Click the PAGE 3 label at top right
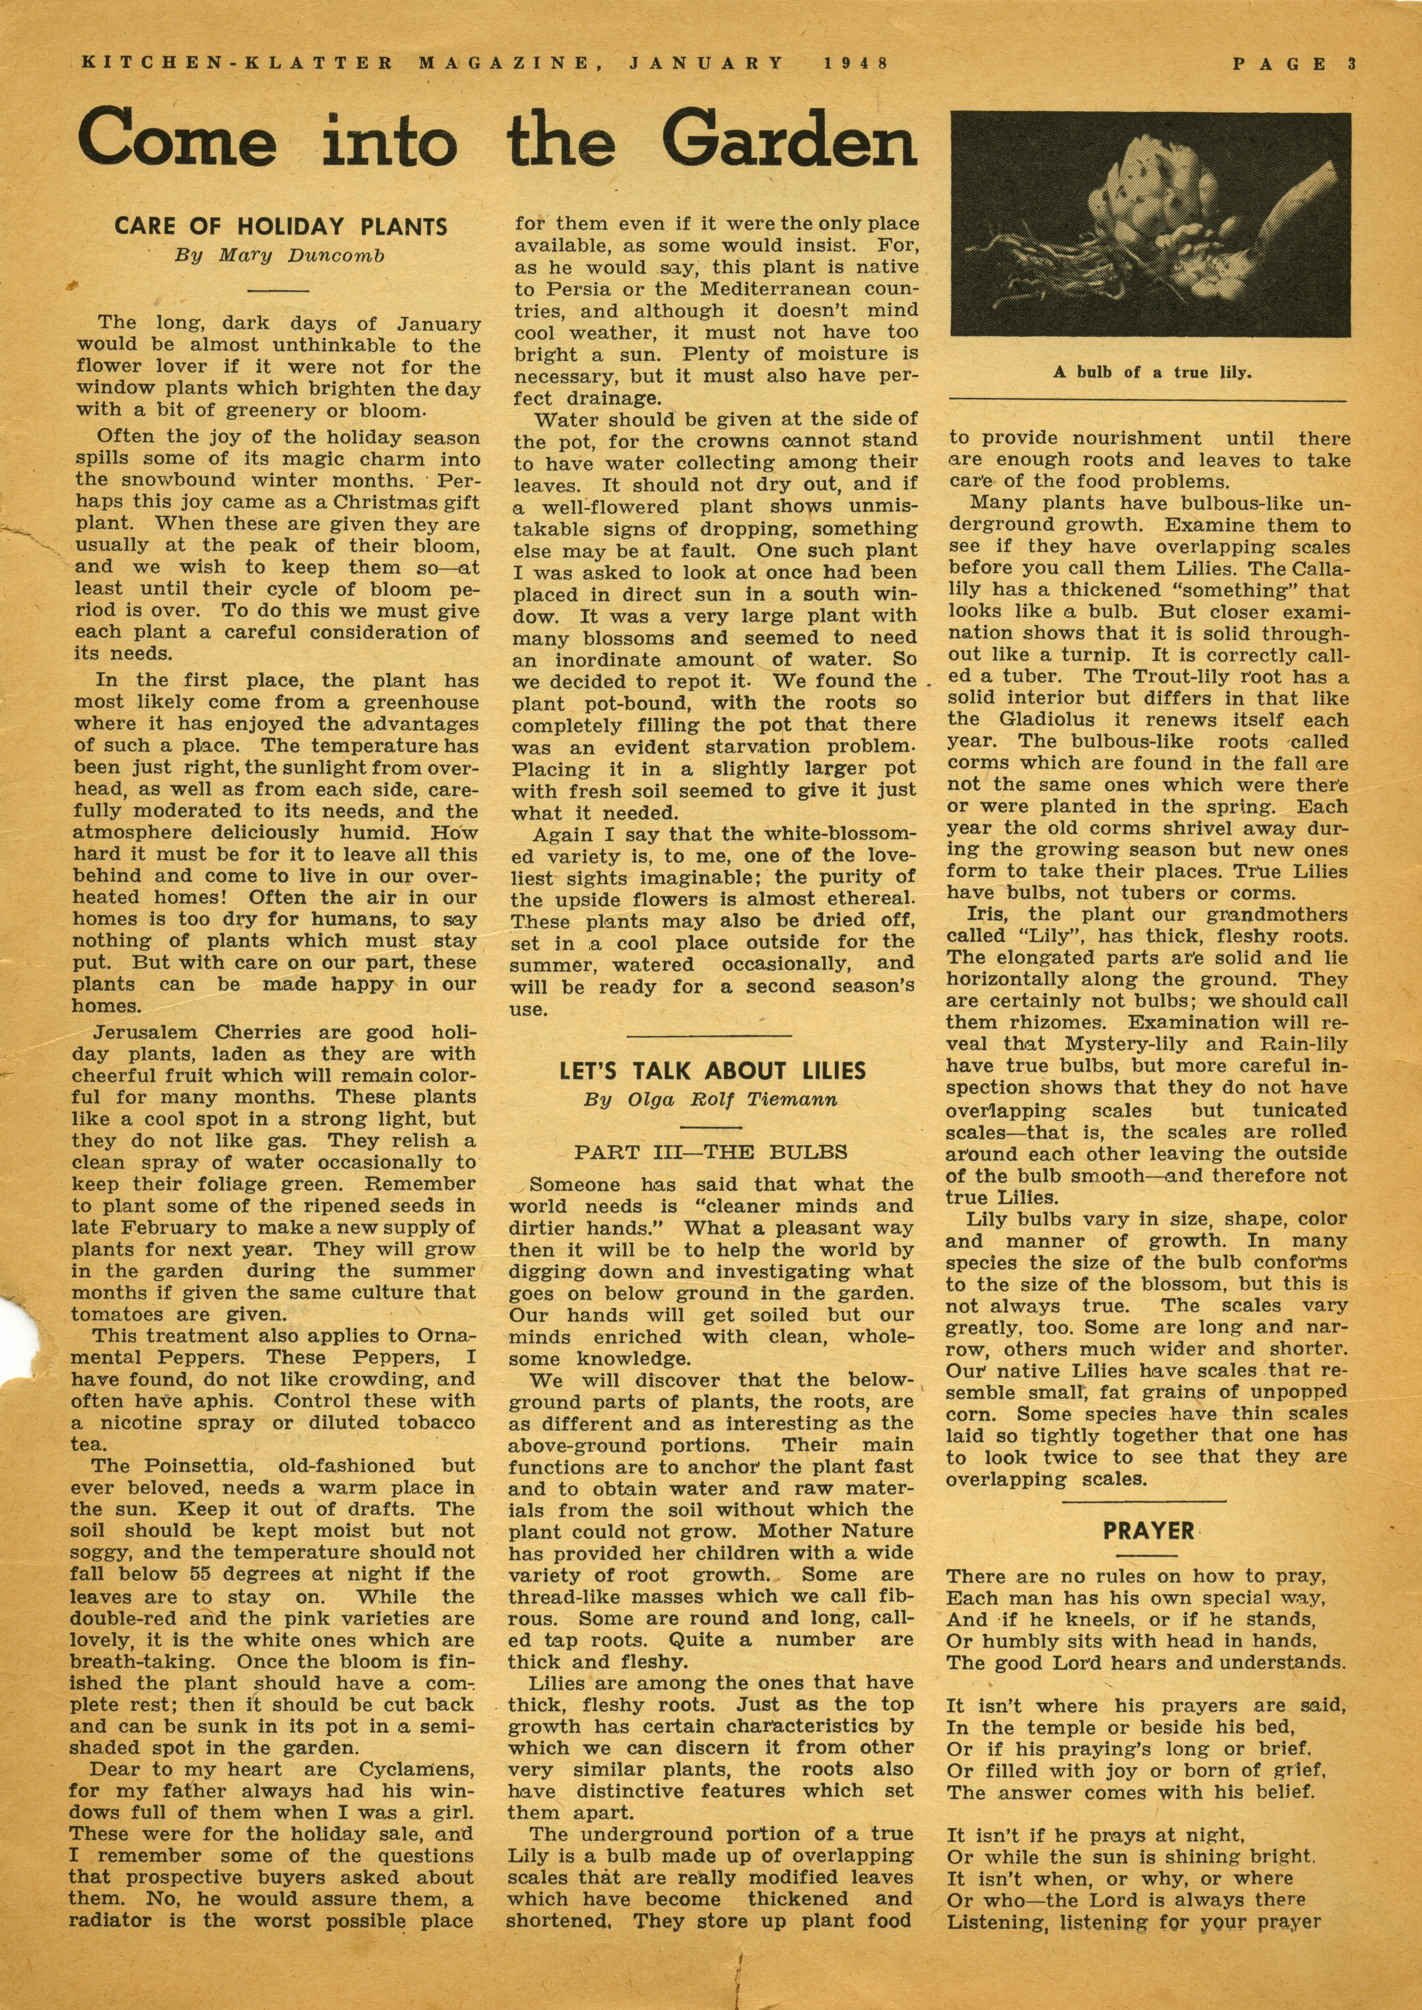1293,63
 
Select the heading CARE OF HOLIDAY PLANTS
281,226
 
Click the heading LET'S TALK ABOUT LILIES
713,1071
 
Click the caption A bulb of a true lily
1146,372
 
